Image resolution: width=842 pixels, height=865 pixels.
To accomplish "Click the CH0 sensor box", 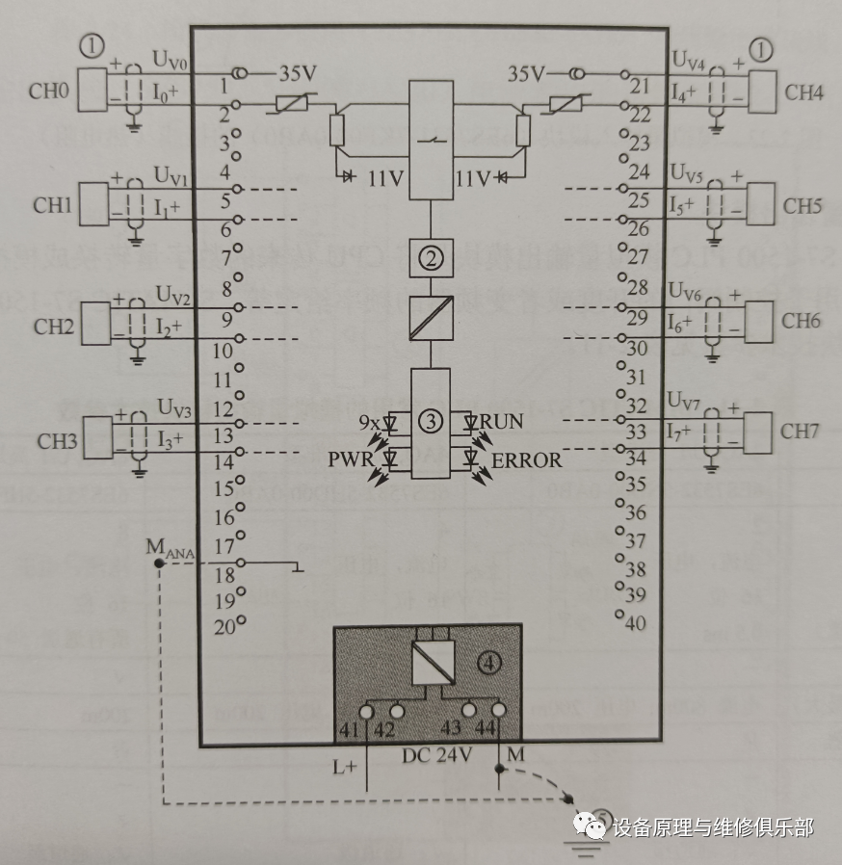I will point(92,91).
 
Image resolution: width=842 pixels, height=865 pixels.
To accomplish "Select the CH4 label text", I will point(803,92).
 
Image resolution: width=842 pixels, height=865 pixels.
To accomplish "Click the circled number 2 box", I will point(430,257).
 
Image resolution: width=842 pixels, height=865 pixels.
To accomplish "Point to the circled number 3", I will point(430,422).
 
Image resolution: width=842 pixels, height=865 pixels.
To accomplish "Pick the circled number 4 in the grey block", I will point(491,664).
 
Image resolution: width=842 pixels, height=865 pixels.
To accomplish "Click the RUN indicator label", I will point(501,422).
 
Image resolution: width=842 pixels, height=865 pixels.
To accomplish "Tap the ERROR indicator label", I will point(526,460).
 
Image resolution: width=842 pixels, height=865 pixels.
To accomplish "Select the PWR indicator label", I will point(350,459).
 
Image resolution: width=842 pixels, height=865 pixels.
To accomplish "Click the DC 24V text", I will point(436,755).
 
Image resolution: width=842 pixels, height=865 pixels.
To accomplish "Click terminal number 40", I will point(635,623).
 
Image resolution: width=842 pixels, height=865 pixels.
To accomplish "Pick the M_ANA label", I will point(171,546).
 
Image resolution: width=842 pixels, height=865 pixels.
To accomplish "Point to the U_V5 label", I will point(687,176).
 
